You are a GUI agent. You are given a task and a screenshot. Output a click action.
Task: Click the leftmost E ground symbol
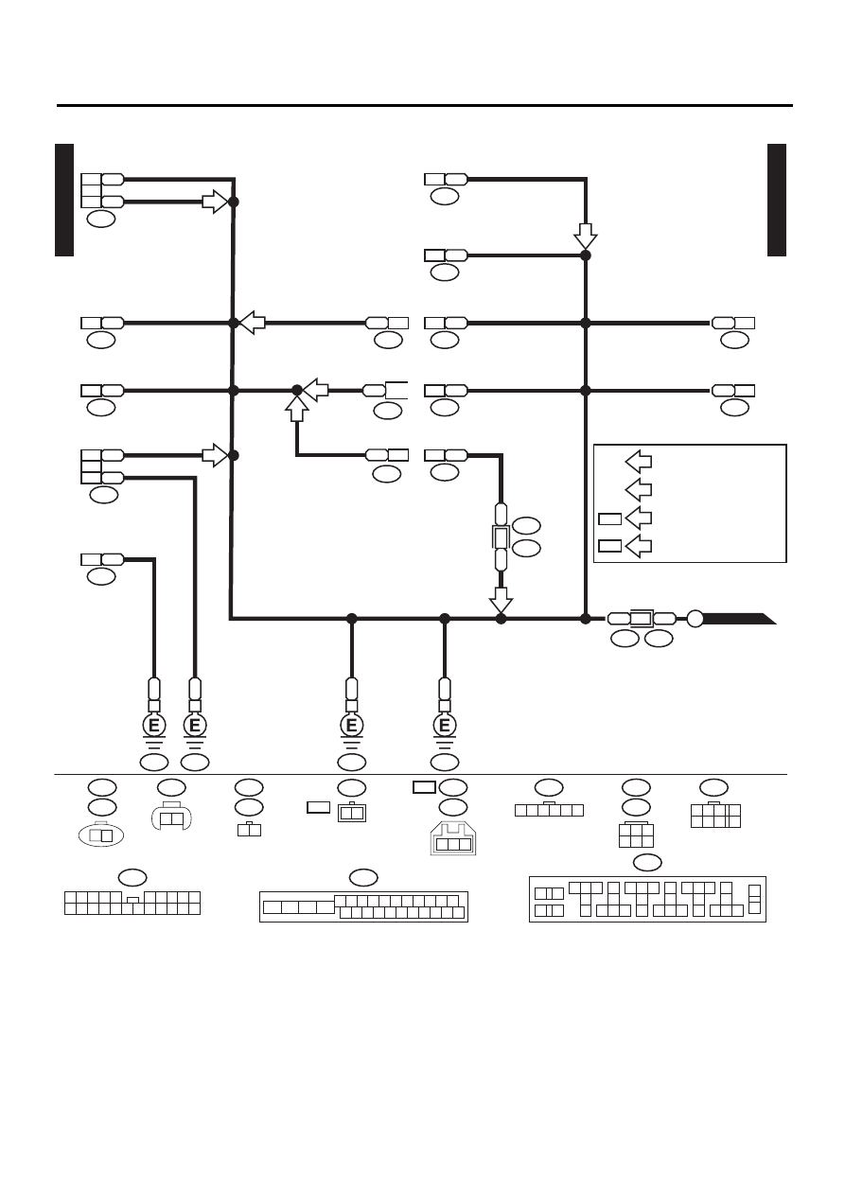click(x=153, y=726)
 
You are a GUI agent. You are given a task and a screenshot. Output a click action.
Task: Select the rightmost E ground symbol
click(x=445, y=726)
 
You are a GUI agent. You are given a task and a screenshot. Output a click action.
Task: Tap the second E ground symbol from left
click(x=195, y=726)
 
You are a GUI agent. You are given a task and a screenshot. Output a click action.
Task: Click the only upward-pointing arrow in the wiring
click(x=297, y=409)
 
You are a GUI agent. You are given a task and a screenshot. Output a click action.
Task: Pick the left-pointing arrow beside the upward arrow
click(x=316, y=391)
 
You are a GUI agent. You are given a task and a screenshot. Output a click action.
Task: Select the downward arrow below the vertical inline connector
click(x=501, y=600)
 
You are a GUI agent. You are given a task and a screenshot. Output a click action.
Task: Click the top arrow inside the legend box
click(x=639, y=462)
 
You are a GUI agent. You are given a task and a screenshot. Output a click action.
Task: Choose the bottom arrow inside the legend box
click(x=639, y=546)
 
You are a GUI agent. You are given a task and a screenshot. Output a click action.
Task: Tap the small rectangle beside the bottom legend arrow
click(x=609, y=546)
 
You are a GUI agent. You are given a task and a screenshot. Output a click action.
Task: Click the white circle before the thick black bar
click(x=695, y=619)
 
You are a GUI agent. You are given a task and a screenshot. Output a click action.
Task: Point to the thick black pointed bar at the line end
click(x=739, y=619)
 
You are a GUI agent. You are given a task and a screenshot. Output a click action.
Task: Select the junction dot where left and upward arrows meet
click(x=297, y=391)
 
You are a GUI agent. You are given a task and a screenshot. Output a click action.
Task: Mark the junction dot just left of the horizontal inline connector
click(x=585, y=619)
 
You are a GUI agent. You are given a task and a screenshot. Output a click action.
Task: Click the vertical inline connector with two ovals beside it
click(x=501, y=536)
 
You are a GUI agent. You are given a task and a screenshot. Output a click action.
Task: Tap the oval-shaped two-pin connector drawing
click(x=101, y=835)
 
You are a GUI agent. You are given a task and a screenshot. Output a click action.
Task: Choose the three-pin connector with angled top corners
click(x=453, y=838)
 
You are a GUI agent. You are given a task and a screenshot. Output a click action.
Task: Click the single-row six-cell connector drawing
click(x=549, y=809)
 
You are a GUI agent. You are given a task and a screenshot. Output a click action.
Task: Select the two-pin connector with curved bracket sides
click(x=171, y=816)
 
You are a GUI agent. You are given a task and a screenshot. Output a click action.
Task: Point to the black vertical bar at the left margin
click(x=64, y=200)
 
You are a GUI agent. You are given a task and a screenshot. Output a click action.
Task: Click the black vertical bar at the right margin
click(x=777, y=200)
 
